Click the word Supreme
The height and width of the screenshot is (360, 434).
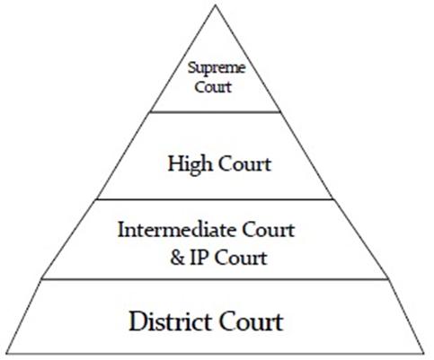(x=217, y=69)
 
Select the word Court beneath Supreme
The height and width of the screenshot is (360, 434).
(x=213, y=87)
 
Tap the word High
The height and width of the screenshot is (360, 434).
(x=190, y=164)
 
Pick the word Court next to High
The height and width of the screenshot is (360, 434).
(x=244, y=164)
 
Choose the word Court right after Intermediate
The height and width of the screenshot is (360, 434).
(x=269, y=230)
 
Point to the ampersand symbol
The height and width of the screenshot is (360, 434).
(x=177, y=258)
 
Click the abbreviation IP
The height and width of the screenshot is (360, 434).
(x=199, y=258)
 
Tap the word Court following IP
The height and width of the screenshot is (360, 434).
(x=241, y=258)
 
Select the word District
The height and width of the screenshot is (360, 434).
(x=170, y=321)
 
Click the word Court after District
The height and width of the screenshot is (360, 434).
(x=252, y=321)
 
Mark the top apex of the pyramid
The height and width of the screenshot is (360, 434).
(x=216, y=5)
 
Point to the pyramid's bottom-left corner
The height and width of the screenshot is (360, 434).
(x=7, y=353)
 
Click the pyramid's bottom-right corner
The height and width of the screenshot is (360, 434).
(x=424, y=353)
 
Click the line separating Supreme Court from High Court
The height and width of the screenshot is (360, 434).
(x=216, y=112)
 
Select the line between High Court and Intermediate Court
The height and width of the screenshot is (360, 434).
(x=215, y=198)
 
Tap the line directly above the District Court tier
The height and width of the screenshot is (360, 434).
(x=215, y=279)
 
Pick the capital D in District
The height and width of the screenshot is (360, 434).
(x=137, y=321)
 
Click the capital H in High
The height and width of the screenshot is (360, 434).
(x=175, y=163)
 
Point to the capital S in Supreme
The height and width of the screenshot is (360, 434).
(x=191, y=67)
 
